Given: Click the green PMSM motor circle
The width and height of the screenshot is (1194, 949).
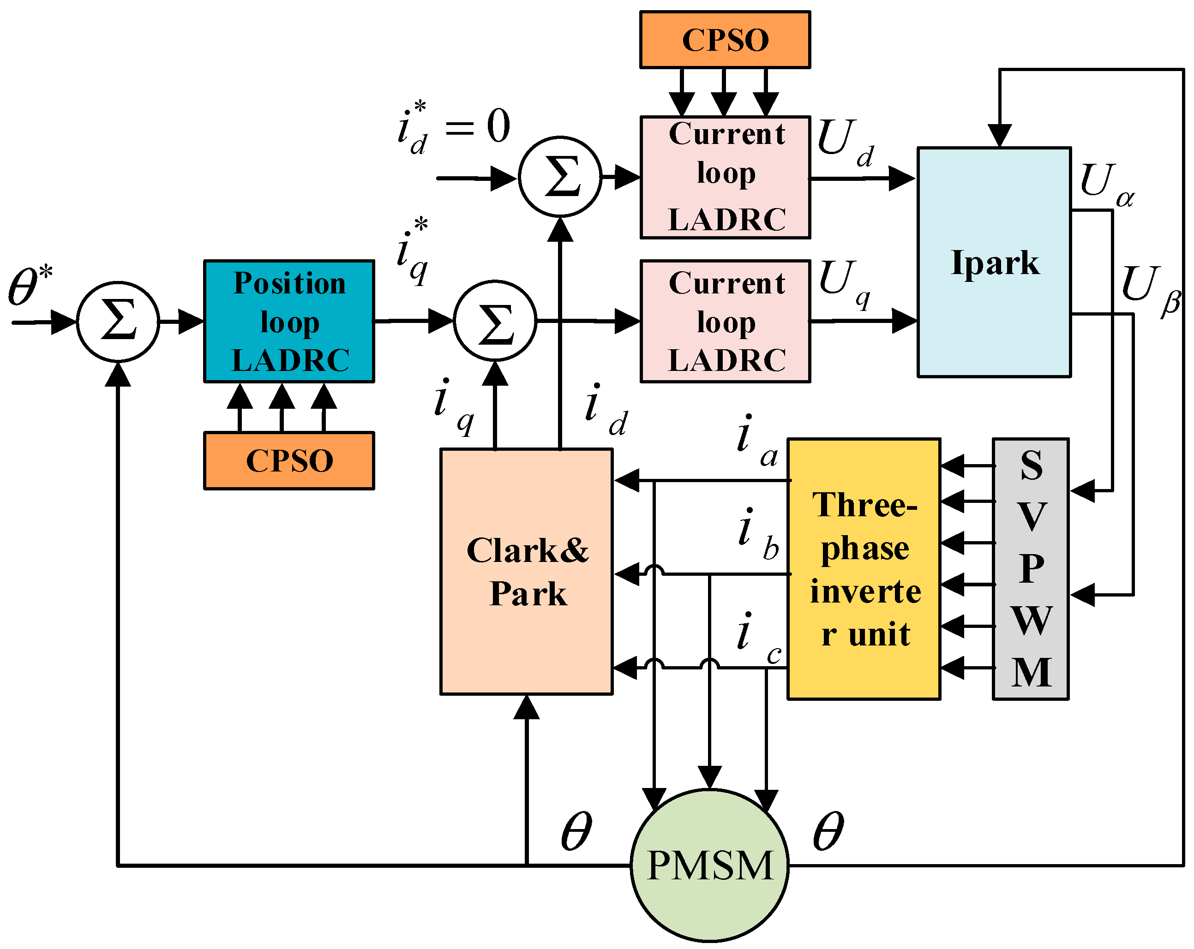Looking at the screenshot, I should pyautogui.click(x=709, y=865).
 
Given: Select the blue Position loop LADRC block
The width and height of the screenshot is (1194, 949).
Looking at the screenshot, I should pyautogui.click(x=289, y=321).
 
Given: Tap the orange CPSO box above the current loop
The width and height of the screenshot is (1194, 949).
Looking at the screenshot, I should pyautogui.click(x=725, y=40).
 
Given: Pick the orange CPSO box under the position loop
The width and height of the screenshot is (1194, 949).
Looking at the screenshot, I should pyautogui.click(x=289, y=460).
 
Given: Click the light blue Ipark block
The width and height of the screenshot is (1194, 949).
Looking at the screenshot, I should pyautogui.click(x=994, y=263).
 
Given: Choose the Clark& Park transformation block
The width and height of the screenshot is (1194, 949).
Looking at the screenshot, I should pyautogui.click(x=527, y=572).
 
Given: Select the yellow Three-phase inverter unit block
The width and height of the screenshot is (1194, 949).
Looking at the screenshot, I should pyautogui.click(x=864, y=569).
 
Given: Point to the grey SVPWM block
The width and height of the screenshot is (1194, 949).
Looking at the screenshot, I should pyautogui.click(x=1031, y=569).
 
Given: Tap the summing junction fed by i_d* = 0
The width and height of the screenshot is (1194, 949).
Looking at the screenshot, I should pyautogui.click(x=560, y=177).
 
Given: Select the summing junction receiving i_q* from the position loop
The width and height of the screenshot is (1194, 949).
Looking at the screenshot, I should pyautogui.click(x=495, y=322).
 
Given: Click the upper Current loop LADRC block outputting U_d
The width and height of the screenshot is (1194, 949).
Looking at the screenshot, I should pyautogui.click(x=726, y=177).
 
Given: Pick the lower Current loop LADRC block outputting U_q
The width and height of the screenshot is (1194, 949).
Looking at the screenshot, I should pyautogui.click(x=726, y=321).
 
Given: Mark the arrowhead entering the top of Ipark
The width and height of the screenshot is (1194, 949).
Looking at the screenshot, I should pyautogui.click(x=1000, y=136).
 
